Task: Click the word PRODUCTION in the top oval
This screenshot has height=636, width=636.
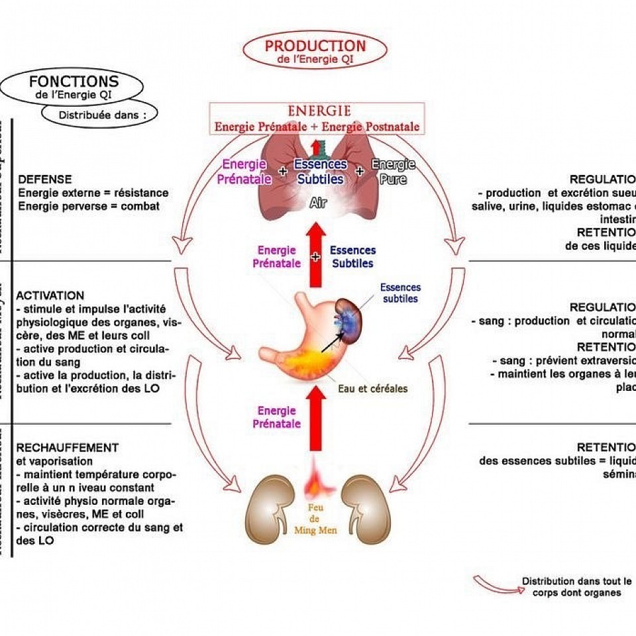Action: coord(315,46)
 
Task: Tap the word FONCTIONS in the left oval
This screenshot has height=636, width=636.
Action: coord(74,82)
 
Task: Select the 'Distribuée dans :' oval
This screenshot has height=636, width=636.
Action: coord(99,113)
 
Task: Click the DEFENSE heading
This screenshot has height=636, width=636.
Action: coord(45,180)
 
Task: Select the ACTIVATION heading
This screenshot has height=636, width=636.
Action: coord(50,295)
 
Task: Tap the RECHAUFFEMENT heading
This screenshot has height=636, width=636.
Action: coord(68,448)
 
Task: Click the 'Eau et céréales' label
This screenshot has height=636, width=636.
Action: coord(373,388)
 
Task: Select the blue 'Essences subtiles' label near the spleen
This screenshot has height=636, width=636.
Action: coord(399,293)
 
